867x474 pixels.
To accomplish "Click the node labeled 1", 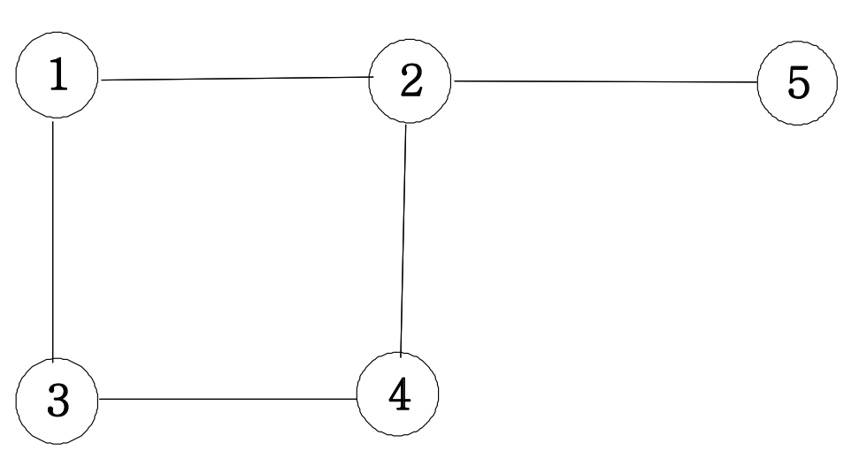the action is [x=57, y=76].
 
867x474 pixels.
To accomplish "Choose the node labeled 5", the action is [x=798, y=84].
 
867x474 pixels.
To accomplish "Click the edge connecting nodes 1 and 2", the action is [x=234, y=79].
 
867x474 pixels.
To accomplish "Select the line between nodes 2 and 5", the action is [x=606, y=82].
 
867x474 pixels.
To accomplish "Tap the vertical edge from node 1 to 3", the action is [x=54, y=239].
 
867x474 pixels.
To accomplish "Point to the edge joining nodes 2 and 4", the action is [x=403, y=239].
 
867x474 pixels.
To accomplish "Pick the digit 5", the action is [x=799, y=85].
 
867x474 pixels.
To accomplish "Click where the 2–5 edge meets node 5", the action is [x=758, y=83].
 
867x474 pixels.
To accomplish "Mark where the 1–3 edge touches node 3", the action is [x=56, y=360].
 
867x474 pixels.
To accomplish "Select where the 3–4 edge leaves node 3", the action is [x=99, y=399].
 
